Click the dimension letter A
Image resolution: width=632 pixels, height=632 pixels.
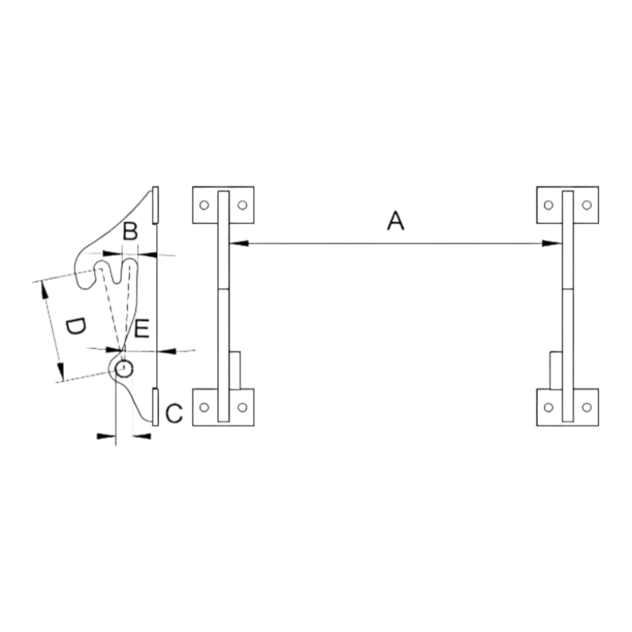click(396, 221)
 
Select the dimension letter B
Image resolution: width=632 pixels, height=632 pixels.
click(130, 231)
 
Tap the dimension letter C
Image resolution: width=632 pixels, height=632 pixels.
click(174, 413)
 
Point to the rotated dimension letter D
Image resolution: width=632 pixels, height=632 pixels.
click(75, 327)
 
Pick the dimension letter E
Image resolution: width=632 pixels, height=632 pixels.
click(142, 328)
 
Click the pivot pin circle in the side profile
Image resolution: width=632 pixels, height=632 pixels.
click(124, 369)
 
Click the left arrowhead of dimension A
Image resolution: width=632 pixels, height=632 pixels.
click(239, 243)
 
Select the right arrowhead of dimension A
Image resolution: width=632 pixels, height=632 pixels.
click(552, 243)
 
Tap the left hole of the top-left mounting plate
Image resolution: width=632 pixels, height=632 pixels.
click(204, 205)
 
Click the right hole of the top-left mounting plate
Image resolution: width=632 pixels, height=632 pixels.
click(242, 205)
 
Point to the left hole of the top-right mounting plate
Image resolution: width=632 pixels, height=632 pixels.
click(549, 205)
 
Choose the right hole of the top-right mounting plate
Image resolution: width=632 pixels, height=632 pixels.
click(587, 205)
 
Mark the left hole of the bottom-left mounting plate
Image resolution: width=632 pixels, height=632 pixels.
click(204, 408)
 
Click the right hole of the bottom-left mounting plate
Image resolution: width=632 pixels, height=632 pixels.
click(242, 408)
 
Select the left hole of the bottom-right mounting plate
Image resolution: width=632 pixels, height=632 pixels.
click(549, 408)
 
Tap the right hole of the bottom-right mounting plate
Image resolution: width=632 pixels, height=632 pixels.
click(587, 408)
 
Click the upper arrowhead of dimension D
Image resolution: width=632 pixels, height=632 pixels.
click(44, 290)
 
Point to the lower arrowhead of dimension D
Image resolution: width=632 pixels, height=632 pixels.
click(61, 372)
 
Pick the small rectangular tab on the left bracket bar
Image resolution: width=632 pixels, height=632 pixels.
click(235, 370)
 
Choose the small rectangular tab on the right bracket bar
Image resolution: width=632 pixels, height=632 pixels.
click(556, 370)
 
